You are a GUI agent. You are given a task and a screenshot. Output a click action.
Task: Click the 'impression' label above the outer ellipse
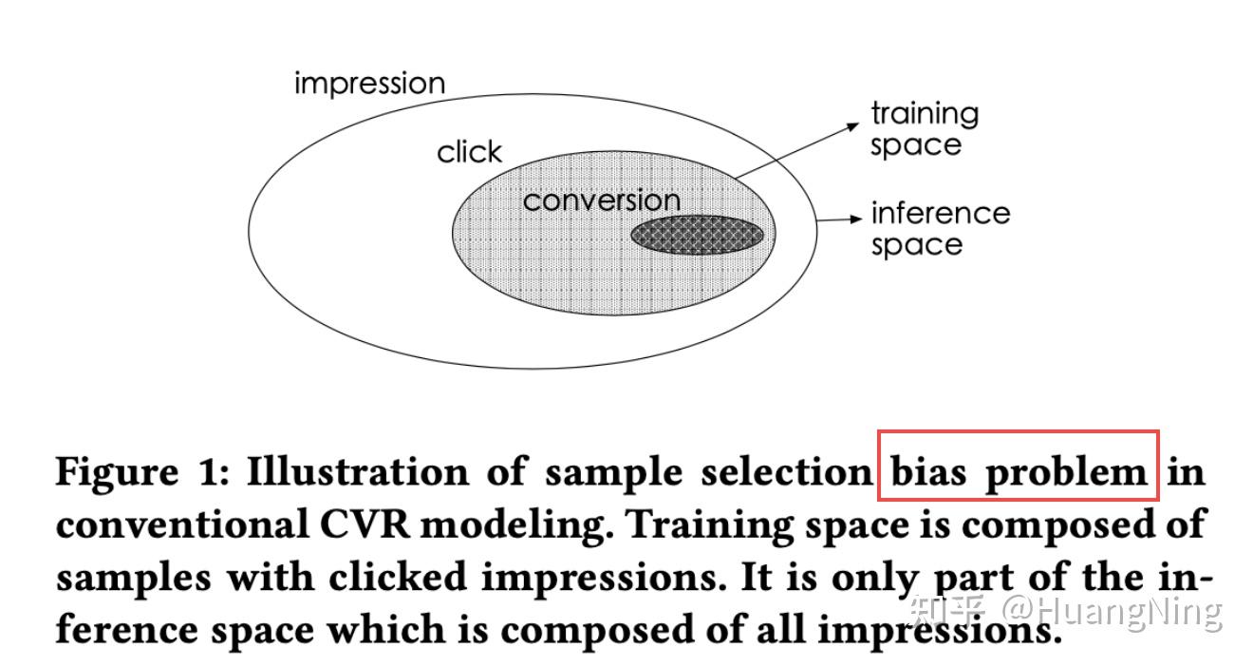[x=370, y=84]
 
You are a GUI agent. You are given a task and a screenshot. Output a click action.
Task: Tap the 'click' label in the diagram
[x=469, y=152]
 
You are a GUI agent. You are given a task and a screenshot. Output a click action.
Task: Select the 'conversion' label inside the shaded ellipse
[x=601, y=200]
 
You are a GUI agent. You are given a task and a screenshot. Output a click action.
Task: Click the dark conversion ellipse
[x=697, y=236]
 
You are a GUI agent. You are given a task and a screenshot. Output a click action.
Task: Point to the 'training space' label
[x=925, y=129]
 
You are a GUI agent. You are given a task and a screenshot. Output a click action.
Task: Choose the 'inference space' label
[x=941, y=229]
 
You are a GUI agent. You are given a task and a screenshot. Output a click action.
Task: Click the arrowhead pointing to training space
[x=853, y=126]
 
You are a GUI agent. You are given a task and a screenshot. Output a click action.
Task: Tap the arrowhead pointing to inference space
[x=856, y=219]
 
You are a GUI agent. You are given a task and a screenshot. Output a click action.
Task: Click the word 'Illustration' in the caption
[x=358, y=471]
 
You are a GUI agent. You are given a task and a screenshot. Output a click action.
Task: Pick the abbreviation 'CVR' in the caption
[x=365, y=524]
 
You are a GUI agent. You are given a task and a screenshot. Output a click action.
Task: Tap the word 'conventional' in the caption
[x=182, y=524]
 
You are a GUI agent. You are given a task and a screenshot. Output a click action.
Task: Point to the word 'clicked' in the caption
[x=397, y=577]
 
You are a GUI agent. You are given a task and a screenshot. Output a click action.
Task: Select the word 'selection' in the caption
[x=787, y=471]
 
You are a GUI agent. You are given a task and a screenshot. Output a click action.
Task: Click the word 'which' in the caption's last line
[x=386, y=630]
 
